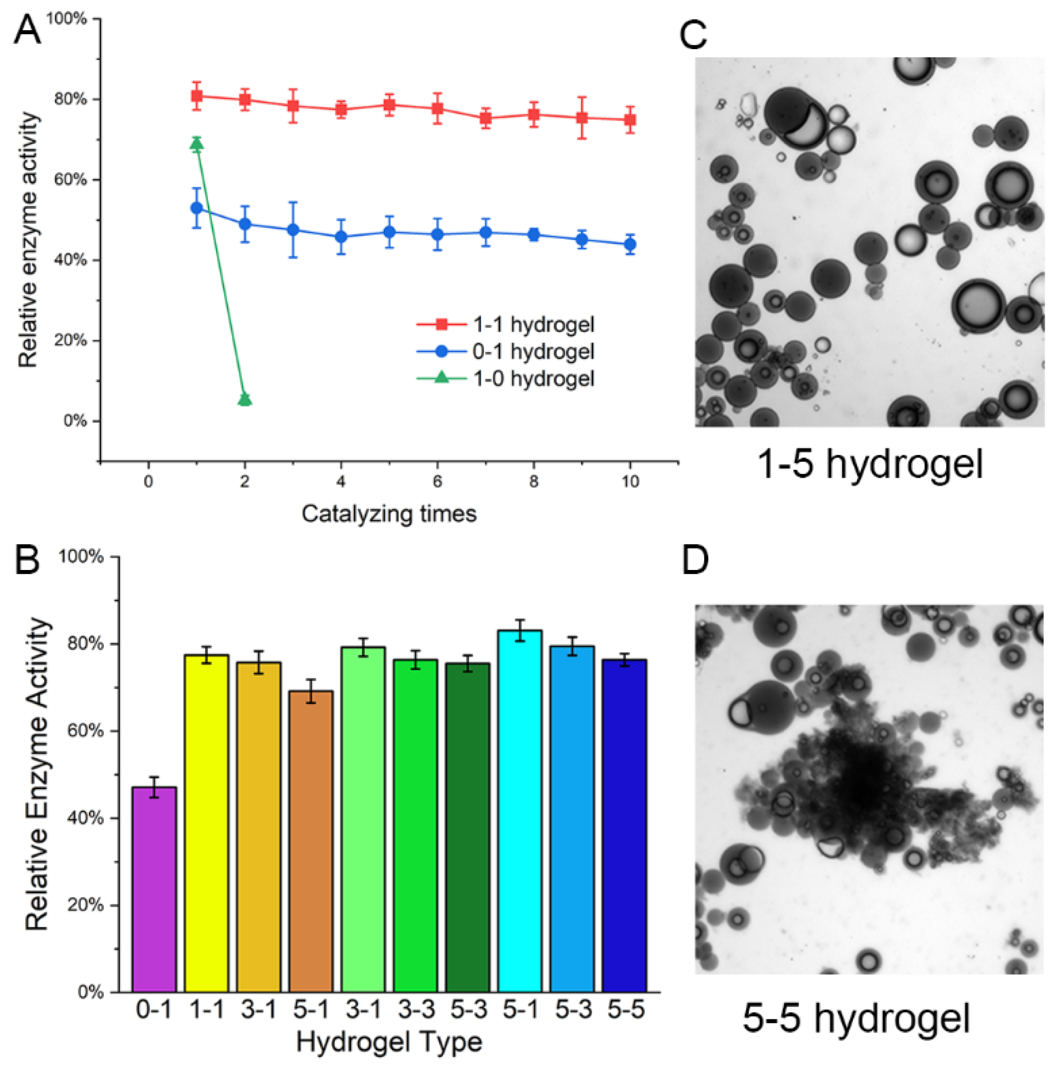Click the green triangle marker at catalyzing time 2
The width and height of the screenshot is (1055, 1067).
(x=245, y=399)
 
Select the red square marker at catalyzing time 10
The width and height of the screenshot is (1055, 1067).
(x=630, y=120)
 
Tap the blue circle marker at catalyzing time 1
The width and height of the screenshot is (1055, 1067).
(x=197, y=208)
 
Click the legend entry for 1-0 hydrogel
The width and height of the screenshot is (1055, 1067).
(x=532, y=378)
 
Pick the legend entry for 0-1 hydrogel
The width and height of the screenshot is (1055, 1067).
(x=532, y=351)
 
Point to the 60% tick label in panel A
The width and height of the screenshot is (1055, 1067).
(x=70, y=180)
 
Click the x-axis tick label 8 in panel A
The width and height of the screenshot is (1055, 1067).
(x=533, y=482)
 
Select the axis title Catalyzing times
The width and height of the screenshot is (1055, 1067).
(x=389, y=513)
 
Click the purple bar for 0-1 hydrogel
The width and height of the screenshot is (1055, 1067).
(x=154, y=889)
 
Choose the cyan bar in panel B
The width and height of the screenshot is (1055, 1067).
(x=519, y=812)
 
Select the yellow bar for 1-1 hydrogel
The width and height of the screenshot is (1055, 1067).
(x=206, y=823)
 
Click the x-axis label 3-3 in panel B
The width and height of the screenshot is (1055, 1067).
(x=416, y=1010)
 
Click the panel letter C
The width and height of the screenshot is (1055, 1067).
(x=693, y=34)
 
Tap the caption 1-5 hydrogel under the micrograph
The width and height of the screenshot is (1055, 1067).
(x=869, y=464)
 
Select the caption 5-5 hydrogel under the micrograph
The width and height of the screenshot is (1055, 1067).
(x=856, y=1018)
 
